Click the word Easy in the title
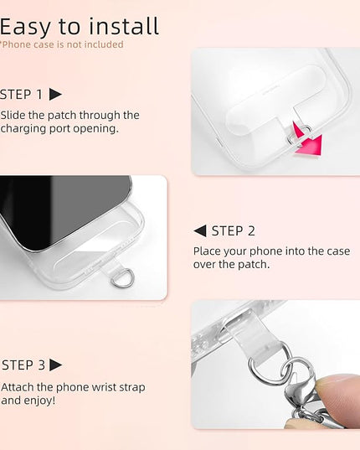click(x=25, y=28)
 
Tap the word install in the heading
click(x=124, y=26)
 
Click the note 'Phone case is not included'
click(x=62, y=44)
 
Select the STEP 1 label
click(x=21, y=95)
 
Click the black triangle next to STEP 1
click(x=55, y=94)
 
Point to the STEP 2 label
click(x=233, y=231)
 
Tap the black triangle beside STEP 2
click(x=200, y=230)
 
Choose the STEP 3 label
click(x=23, y=365)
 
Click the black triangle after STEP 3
click(x=55, y=365)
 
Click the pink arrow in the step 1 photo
click(x=310, y=142)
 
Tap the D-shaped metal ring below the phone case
click(x=122, y=278)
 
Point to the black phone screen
click(x=57, y=207)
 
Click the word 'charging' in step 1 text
click(x=23, y=129)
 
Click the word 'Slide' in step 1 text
click(x=13, y=116)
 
